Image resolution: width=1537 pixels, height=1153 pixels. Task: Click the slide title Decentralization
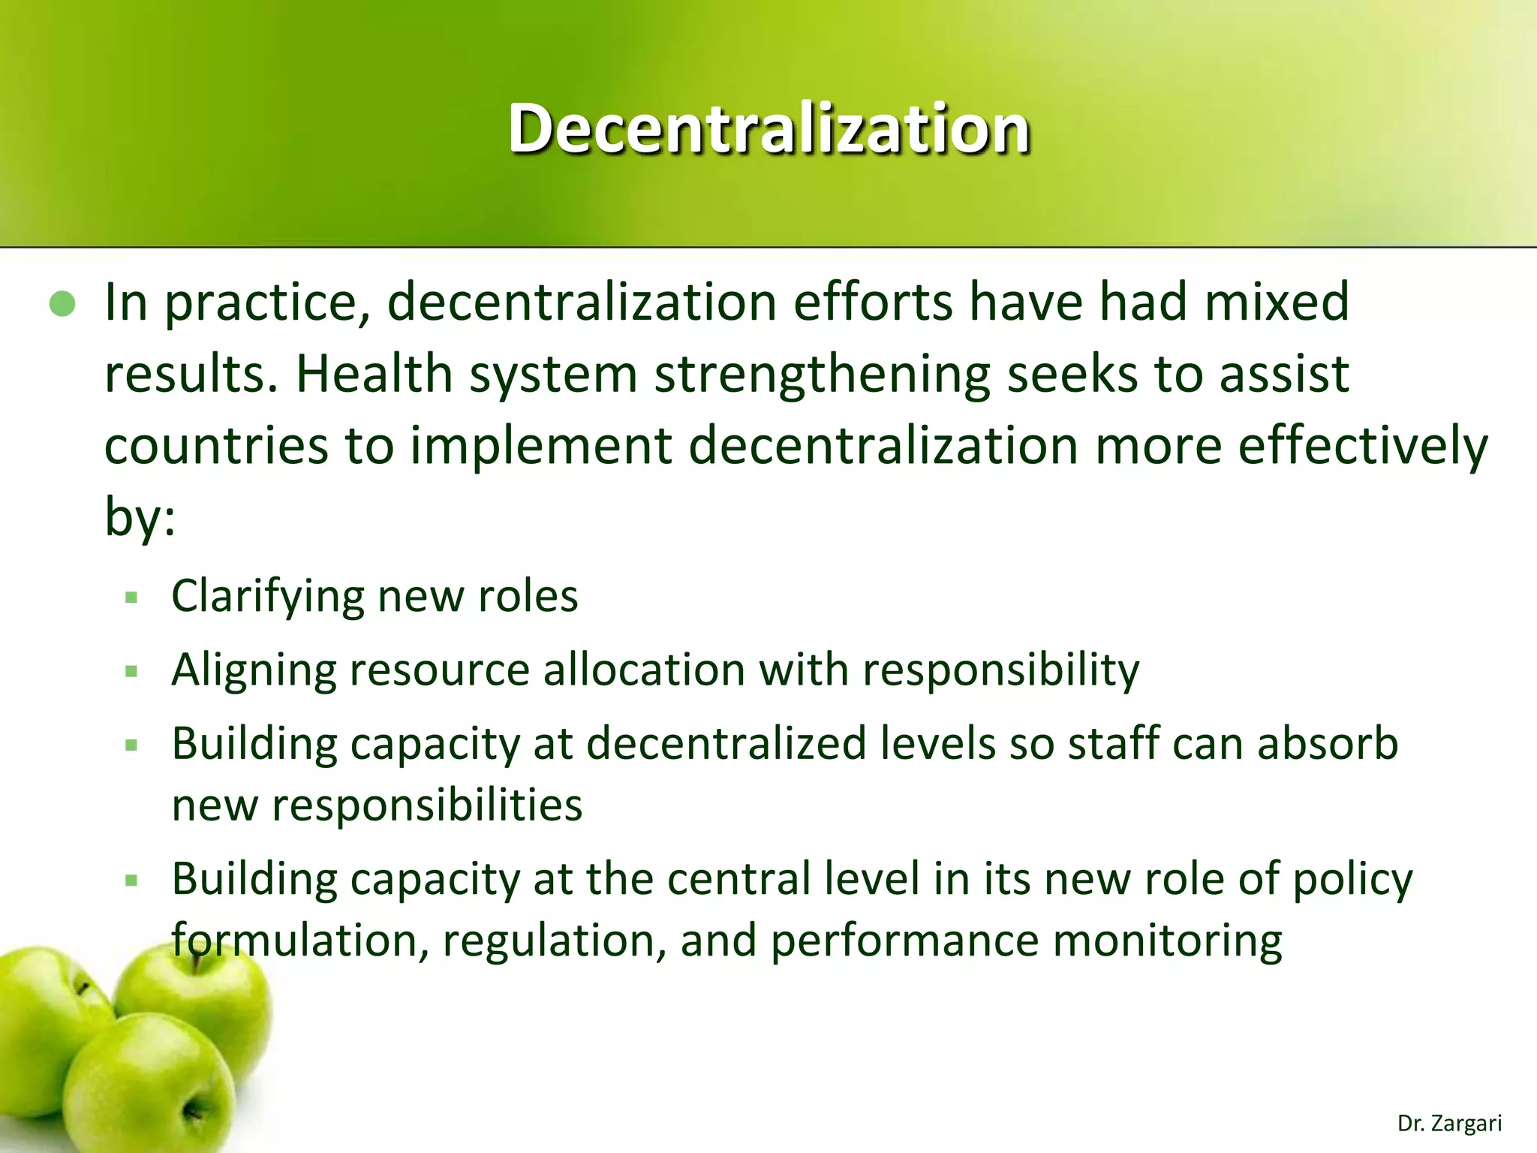click(x=768, y=129)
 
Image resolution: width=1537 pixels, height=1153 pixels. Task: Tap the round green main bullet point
click(x=62, y=304)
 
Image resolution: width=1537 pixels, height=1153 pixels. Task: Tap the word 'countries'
click(x=216, y=446)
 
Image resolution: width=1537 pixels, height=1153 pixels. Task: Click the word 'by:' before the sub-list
click(x=140, y=518)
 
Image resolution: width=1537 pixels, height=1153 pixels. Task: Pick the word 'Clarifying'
click(x=267, y=598)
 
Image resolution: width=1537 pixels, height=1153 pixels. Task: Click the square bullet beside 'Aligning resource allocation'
click(x=132, y=671)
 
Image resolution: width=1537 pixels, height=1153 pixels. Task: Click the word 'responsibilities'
click(x=426, y=805)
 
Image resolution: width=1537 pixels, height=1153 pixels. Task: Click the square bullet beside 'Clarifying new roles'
click(x=132, y=598)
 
